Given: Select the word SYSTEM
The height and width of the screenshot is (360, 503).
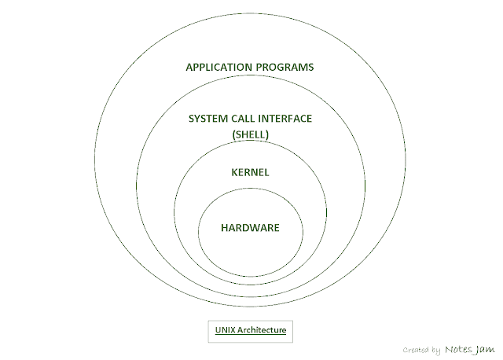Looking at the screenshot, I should pos(207,119).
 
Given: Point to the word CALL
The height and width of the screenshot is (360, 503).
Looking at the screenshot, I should pos(245,119).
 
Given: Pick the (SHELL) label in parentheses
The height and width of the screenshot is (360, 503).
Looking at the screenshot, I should pos(251,134).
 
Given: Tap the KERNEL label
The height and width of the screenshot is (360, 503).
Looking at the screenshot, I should pos(251,171).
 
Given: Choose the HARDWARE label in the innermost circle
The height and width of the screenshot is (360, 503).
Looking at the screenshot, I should pos(251,228).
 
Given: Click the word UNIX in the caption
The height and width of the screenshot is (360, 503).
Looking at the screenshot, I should pos(225,330).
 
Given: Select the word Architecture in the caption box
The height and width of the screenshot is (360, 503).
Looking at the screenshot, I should pos(262,330).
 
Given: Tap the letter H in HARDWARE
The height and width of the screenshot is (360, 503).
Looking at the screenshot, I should pos(225,228).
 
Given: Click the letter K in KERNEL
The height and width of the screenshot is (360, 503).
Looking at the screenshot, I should pos(234,171).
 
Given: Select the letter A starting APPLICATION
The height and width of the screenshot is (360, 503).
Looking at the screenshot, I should pos(189,67).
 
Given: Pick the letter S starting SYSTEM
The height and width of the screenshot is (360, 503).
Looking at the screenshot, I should pos(191,119).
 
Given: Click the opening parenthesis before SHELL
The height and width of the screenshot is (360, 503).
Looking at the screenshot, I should pos(233,134).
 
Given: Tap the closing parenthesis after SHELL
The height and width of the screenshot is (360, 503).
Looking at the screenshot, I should pos(268,134).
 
